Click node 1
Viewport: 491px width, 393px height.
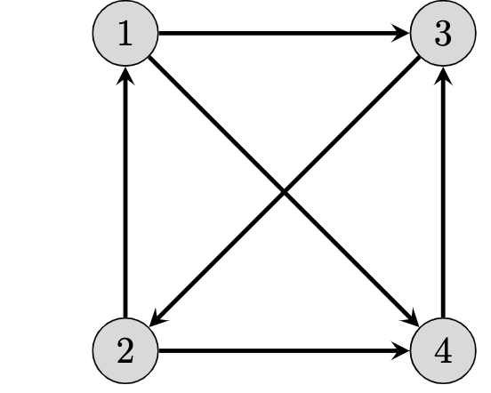click(125, 36)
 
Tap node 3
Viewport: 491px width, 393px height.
click(442, 36)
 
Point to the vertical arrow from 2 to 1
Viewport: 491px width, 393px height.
click(125, 196)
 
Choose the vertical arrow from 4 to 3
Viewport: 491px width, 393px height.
click(442, 196)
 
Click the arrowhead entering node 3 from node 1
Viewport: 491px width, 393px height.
click(403, 36)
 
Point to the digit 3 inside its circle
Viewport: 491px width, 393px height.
click(442, 36)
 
